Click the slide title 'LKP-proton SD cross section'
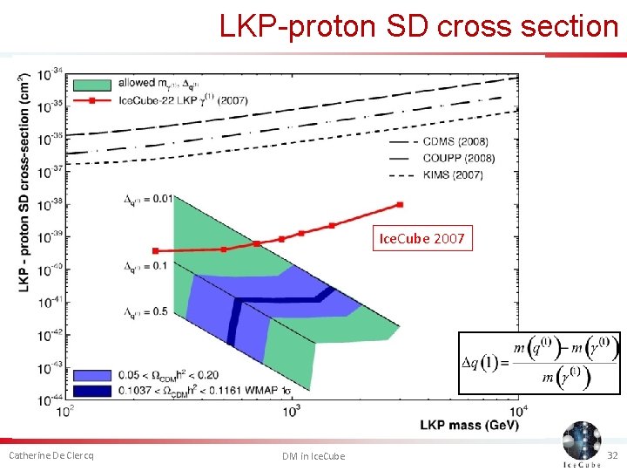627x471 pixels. [418, 26]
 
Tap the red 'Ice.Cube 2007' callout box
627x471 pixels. [422, 238]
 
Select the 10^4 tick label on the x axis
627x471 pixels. [518, 410]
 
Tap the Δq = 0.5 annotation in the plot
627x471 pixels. [145, 311]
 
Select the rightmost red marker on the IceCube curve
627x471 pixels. [400, 205]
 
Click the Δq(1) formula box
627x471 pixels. [539, 363]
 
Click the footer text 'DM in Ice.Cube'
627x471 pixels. [313, 456]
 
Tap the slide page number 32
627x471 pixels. [610, 455]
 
